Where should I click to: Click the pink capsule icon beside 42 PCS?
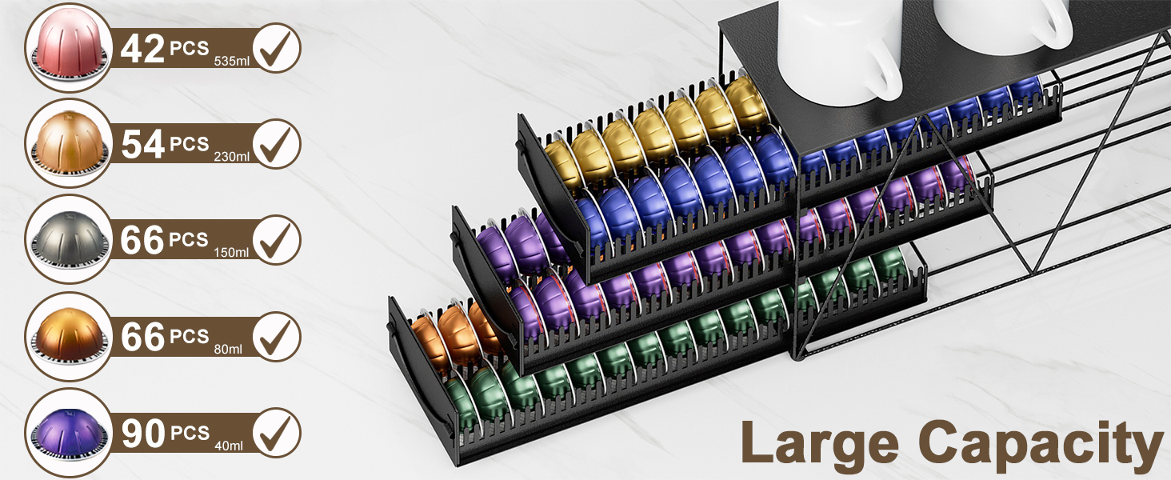(x=69, y=48)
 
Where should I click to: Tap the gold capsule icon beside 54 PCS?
(x=69, y=143)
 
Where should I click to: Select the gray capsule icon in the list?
(x=69, y=239)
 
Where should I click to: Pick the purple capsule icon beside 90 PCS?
(x=69, y=433)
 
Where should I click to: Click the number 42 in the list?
(x=142, y=48)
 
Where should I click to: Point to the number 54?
(x=142, y=144)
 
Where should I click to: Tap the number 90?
(x=142, y=434)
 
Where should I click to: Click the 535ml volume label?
(x=232, y=61)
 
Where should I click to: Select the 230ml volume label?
(x=232, y=156)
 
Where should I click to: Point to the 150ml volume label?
(x=231, y=253)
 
